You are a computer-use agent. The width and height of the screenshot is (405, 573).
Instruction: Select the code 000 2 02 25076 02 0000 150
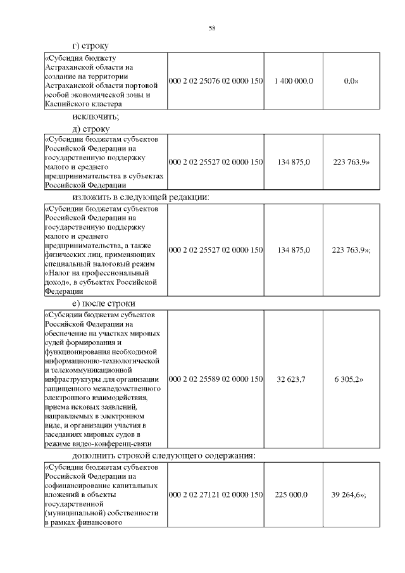[215, 82]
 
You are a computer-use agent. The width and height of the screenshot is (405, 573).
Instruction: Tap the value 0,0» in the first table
[347, 82]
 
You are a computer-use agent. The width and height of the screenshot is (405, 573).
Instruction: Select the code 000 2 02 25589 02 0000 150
[215, 379]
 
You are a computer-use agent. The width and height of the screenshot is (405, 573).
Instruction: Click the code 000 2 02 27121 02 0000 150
[215, 494]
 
